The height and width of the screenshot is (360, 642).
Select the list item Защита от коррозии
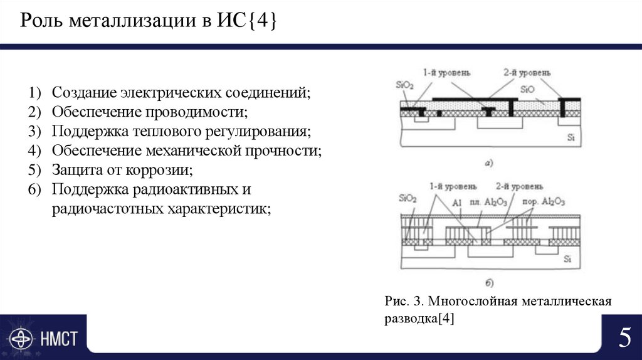point(122,170)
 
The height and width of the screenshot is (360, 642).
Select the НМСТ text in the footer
point(60,339)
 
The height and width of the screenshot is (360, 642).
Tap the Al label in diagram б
point(456,203)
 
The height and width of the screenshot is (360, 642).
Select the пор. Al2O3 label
point(544,202)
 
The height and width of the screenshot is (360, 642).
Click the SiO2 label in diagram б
point(407,198)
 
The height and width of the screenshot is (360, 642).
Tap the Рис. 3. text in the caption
point(403,302)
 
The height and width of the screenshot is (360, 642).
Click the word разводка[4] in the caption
point(419,319)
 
